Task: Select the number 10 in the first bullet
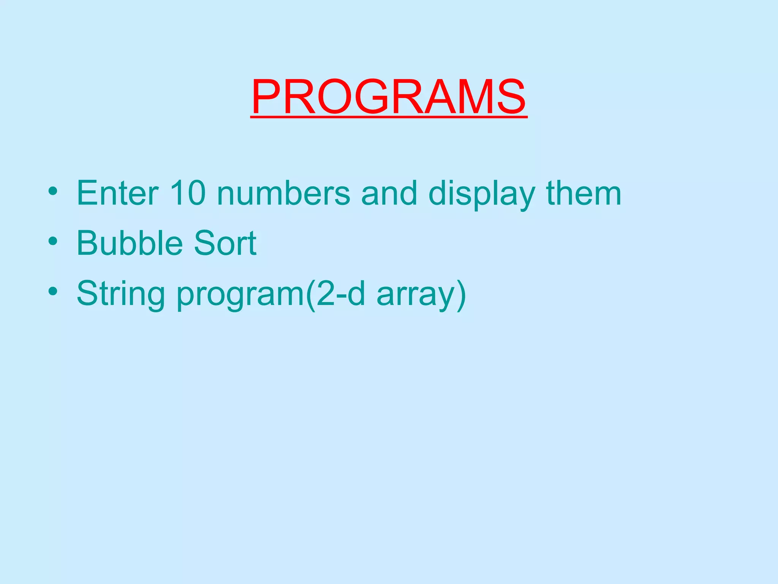tap(188, 193)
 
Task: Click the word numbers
tap(283, 193)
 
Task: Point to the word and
tap(389, 193)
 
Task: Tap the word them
tap(583, 193)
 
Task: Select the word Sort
tap(225, 243)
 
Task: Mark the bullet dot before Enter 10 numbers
tap(53, 190)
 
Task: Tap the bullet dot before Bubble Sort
tap(53, 241)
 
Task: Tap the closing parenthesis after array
tap(461, 295)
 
